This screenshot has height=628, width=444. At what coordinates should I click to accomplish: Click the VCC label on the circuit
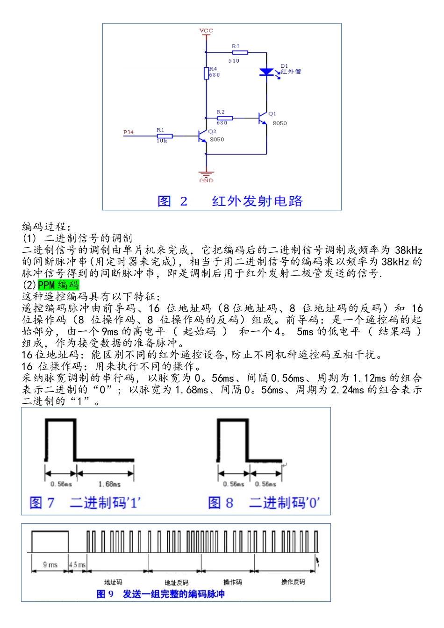tap(206, 31)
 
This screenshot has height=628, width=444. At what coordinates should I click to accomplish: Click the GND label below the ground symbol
tap(206, 180)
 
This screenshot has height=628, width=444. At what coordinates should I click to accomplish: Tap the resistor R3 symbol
tap(240, 53)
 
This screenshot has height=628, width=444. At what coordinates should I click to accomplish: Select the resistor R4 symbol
tap(206, 73)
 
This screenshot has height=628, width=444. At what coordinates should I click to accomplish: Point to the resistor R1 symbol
tap(165, 136)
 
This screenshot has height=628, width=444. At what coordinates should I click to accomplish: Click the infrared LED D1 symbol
tap(266, 72)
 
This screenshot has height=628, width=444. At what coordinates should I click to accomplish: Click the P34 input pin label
tap(129, 132)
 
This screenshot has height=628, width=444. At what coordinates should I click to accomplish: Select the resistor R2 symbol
tap(225, 118)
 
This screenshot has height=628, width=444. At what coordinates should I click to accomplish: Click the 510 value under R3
tap(234, 61)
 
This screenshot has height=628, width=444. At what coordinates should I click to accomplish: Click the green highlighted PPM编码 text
tap(58, 285)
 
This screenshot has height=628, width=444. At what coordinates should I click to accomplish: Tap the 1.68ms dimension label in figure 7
tap(109, 484)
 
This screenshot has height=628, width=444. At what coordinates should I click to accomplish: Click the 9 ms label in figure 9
tap(50, 565)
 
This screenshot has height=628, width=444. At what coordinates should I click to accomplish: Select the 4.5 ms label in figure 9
tap(78, 565)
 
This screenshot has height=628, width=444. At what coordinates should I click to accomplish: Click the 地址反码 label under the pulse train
tap(177, 583)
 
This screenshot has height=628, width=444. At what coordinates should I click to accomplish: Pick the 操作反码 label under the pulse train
tap(293, 582)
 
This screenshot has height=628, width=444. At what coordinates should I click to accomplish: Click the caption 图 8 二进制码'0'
tap(264, 503)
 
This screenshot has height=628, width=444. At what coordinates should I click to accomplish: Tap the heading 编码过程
tap(46, 227)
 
